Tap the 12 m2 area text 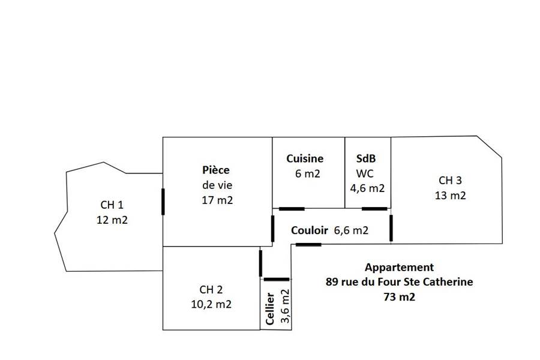(x=112, y=220)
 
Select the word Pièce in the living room (x=215, y=170)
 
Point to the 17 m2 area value (x=217, y=200)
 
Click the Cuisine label (x=305, y=158)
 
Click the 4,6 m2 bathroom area (x=367, y=188)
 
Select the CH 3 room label (x=450, y=180)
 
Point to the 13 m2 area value (x=451, y=195)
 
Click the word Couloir (x=310, y=230)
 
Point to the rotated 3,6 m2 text (x=285, y=306)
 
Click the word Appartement (x=399, y=268)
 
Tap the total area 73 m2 (x=399, y=296)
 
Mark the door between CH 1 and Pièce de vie (x=163, y=201)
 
